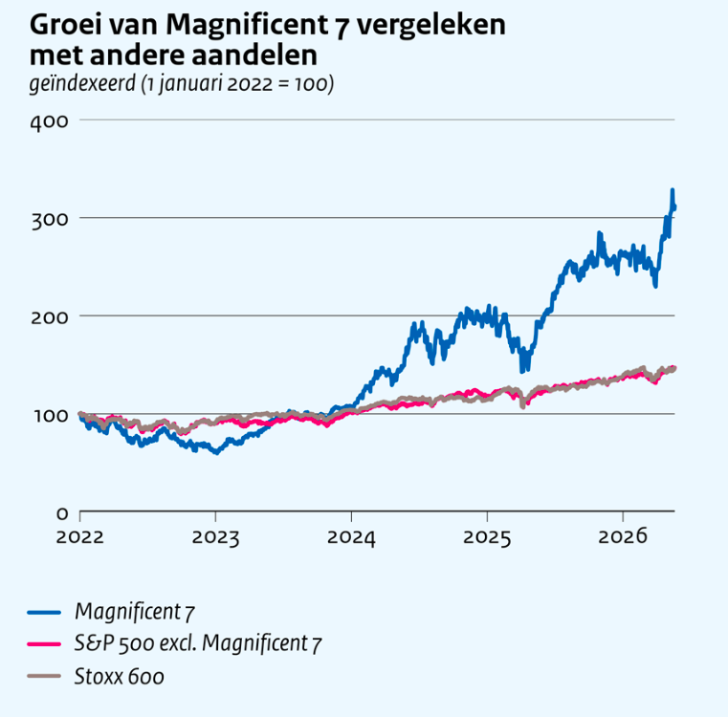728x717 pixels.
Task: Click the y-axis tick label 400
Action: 49,122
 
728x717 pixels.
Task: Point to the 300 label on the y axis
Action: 50,221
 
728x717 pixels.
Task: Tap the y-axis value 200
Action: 50,318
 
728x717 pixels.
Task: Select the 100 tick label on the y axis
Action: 51,416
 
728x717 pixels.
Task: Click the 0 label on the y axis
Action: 62,513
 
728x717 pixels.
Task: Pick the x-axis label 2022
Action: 79,537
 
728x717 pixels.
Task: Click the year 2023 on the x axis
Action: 215,537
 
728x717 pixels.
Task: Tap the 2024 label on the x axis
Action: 351,537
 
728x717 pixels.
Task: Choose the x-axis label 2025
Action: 487,537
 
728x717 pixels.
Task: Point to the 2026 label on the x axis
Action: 623,537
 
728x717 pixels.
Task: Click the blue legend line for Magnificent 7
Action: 44,613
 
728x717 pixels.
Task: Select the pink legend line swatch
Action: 44,644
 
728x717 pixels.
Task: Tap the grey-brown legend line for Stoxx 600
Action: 44,676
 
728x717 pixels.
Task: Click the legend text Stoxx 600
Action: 120,677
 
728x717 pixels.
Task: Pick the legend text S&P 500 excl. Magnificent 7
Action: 198,644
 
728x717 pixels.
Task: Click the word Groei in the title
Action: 65,25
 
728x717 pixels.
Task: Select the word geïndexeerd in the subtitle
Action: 82,84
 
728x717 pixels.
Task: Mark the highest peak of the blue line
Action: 672,190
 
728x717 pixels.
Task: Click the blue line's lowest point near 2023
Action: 216,452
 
